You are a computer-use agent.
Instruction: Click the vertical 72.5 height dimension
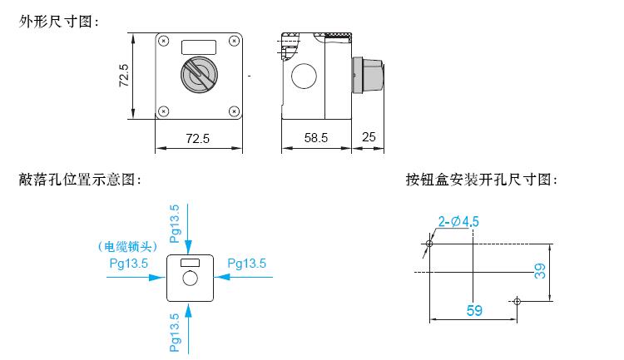124,76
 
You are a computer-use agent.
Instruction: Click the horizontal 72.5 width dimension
197,139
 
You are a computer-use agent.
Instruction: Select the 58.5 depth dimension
316,138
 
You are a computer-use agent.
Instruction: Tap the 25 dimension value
369,137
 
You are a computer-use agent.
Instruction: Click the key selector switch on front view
199,74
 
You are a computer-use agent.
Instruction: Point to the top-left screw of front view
163,41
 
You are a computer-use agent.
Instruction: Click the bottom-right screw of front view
234,111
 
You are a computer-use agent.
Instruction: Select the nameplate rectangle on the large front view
199,47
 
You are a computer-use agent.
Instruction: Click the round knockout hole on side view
304,76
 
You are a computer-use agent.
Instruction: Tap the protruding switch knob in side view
368,76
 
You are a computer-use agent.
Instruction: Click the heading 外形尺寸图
59,22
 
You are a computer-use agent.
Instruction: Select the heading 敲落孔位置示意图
80,180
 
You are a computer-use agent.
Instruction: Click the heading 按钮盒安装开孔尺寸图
482,180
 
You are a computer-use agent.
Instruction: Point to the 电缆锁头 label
128,247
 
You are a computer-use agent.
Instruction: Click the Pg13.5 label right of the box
247,264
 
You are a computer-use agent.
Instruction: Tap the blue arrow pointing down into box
188,229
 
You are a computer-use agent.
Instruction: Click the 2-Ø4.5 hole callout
458,221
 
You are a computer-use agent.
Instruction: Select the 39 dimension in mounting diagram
540,271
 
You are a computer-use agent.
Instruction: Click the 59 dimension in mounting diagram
474,310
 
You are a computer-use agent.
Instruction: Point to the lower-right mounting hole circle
517,301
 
